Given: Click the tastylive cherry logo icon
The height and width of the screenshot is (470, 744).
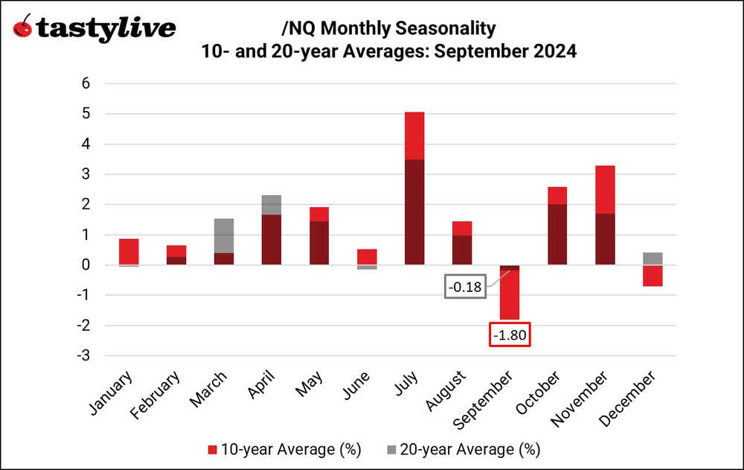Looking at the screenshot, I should point(23,28).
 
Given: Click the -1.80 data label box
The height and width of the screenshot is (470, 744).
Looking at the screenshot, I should point(509,335).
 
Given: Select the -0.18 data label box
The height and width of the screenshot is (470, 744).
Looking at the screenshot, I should point(465,287).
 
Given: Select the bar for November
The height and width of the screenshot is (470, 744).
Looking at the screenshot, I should point(605,215).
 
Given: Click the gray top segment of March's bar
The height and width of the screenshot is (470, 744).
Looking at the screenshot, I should point(224,235).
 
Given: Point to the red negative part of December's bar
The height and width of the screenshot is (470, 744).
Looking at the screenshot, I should point(652,276).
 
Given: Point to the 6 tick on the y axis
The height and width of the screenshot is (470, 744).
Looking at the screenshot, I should point(86,83).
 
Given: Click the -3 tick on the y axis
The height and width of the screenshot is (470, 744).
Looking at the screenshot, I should point(83,356).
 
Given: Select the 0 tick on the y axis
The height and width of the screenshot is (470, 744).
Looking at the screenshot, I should point(86,265).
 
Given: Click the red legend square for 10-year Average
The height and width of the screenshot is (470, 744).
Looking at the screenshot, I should point(212,449).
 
